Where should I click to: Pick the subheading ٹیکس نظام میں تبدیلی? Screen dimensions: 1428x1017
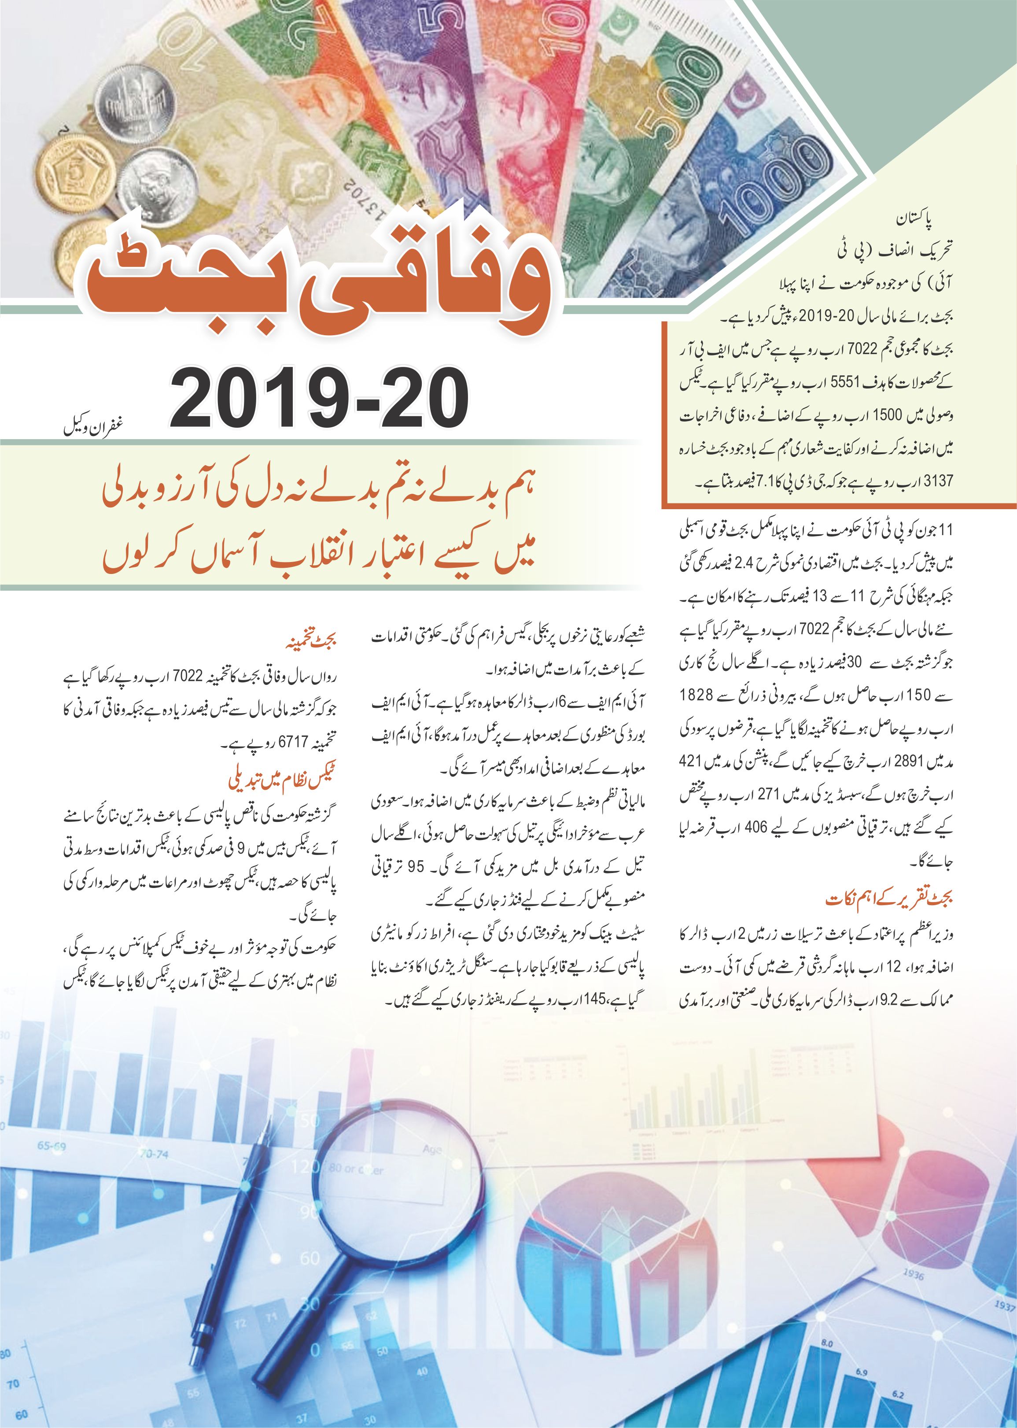click(x=283, y=781)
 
